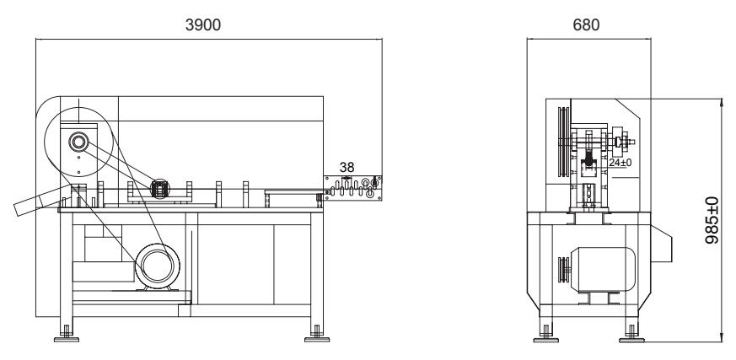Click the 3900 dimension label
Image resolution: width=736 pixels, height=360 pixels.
tap(203, 25)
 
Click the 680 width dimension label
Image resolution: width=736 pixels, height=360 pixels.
tap(586, 25)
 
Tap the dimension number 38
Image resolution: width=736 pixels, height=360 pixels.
tap(347, 167)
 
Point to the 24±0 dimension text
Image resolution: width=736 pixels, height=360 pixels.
tap(620, 163)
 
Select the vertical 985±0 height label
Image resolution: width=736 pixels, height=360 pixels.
tap(712, 220)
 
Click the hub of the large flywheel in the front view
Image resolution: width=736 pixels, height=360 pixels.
tap(78, 142)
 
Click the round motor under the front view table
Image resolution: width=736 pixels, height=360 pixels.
tap(158, 266)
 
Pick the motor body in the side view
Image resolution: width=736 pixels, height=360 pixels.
tap(603, 270)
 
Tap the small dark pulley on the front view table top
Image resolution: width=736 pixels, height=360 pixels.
tap(159, 189)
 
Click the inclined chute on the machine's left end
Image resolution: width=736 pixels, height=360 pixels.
tap(41, 201)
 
